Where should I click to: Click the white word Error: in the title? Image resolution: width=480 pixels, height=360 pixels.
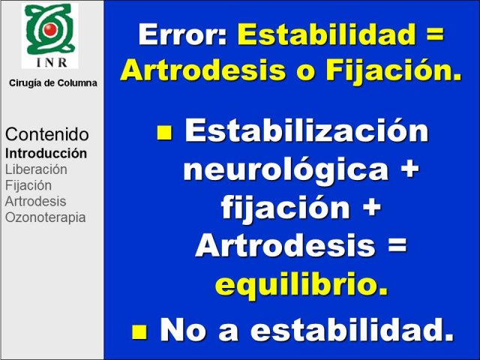click(182, 34)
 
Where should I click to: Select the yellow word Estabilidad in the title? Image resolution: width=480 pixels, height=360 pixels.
click(326, 34)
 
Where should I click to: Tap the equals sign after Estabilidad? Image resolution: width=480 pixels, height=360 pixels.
click(434, 35)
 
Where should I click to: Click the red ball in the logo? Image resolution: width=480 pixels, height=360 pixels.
click(50, 29)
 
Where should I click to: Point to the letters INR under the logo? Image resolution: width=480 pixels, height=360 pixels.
click(52, 62)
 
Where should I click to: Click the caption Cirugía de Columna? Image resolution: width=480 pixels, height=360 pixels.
click(53, 83)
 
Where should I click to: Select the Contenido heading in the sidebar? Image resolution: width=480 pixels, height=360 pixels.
click(47, 134)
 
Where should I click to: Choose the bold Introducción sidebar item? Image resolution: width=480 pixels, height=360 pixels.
click(46, 153)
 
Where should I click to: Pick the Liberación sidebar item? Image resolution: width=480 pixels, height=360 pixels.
click(36, 169)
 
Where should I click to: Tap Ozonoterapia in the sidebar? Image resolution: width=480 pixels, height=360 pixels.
click(45, 217)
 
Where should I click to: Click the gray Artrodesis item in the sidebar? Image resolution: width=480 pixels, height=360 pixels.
click(35, 202)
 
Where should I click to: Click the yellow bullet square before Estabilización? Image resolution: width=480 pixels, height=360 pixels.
click(164, 133)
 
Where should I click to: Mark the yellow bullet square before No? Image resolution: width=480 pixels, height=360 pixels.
click(139, 331)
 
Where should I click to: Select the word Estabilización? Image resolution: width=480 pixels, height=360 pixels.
click(307, 130)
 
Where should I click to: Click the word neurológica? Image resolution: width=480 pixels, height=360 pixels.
click(286, 169)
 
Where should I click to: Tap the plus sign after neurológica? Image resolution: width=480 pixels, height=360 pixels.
click(409, 169)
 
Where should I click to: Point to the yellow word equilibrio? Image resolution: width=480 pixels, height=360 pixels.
click(301, 283)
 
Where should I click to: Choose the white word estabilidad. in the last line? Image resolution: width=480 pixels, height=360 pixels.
click(352, 329)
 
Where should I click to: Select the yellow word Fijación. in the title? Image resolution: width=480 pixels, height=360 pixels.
click(394, 71)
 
